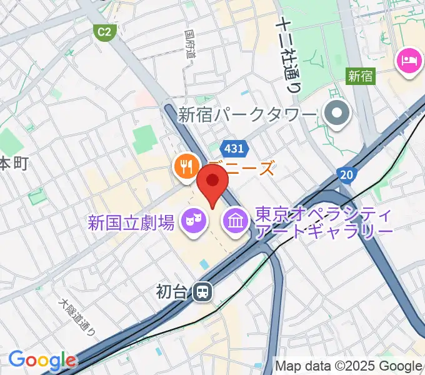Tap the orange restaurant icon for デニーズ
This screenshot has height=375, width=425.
tap(185, 166)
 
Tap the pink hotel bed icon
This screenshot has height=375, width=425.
tap(407, 61)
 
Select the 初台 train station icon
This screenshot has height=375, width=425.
tap(202, 291)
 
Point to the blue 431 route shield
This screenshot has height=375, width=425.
tap(236, 149)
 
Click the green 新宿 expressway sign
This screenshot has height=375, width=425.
tap(360, 76)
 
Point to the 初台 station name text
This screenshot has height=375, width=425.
tap(172, 292)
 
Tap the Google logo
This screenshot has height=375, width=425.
tap(41, 361)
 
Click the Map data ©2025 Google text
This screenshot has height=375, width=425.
tap(349, 366)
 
